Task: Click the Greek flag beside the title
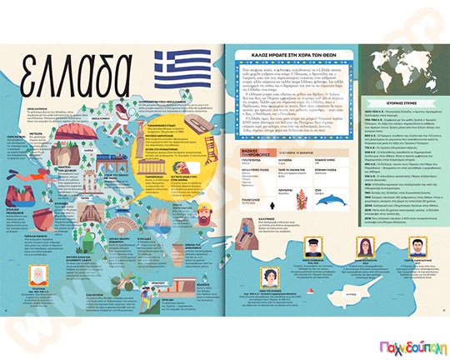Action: [x=173, y=66]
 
